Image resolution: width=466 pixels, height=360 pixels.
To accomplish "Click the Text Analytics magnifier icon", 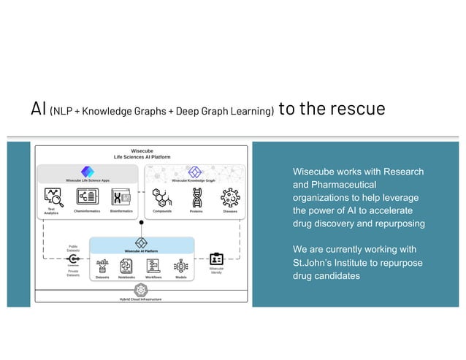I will [x=53, y=196].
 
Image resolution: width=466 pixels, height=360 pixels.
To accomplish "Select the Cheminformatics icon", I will [x=88, y=196].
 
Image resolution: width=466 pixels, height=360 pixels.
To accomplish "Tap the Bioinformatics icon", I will [x=121, y=196].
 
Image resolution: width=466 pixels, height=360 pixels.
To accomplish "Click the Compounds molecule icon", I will [x=162, y=197].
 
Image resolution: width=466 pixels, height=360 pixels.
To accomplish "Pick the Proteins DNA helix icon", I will [x=196, y=197].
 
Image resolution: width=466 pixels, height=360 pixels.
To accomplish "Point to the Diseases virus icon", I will [x=230, y=197].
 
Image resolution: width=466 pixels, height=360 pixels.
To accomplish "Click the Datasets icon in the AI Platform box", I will [x=103, y=266].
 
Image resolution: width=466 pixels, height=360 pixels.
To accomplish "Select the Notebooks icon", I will [x=126, y=266].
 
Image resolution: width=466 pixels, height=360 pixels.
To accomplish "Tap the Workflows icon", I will [x=153, y=266].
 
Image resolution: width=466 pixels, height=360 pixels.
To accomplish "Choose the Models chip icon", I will [x=180, y=266].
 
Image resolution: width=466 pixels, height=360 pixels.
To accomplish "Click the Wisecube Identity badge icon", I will [x=217, y=259].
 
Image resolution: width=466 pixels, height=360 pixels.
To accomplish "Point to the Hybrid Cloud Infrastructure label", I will [x=141, y=299].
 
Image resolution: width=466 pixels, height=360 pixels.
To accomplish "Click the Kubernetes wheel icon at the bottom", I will [x=141, y=290].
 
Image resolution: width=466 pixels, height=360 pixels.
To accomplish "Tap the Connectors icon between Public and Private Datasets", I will [x=74, y=259].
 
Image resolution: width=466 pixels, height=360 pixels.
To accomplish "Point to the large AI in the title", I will [x=38, y=109].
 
